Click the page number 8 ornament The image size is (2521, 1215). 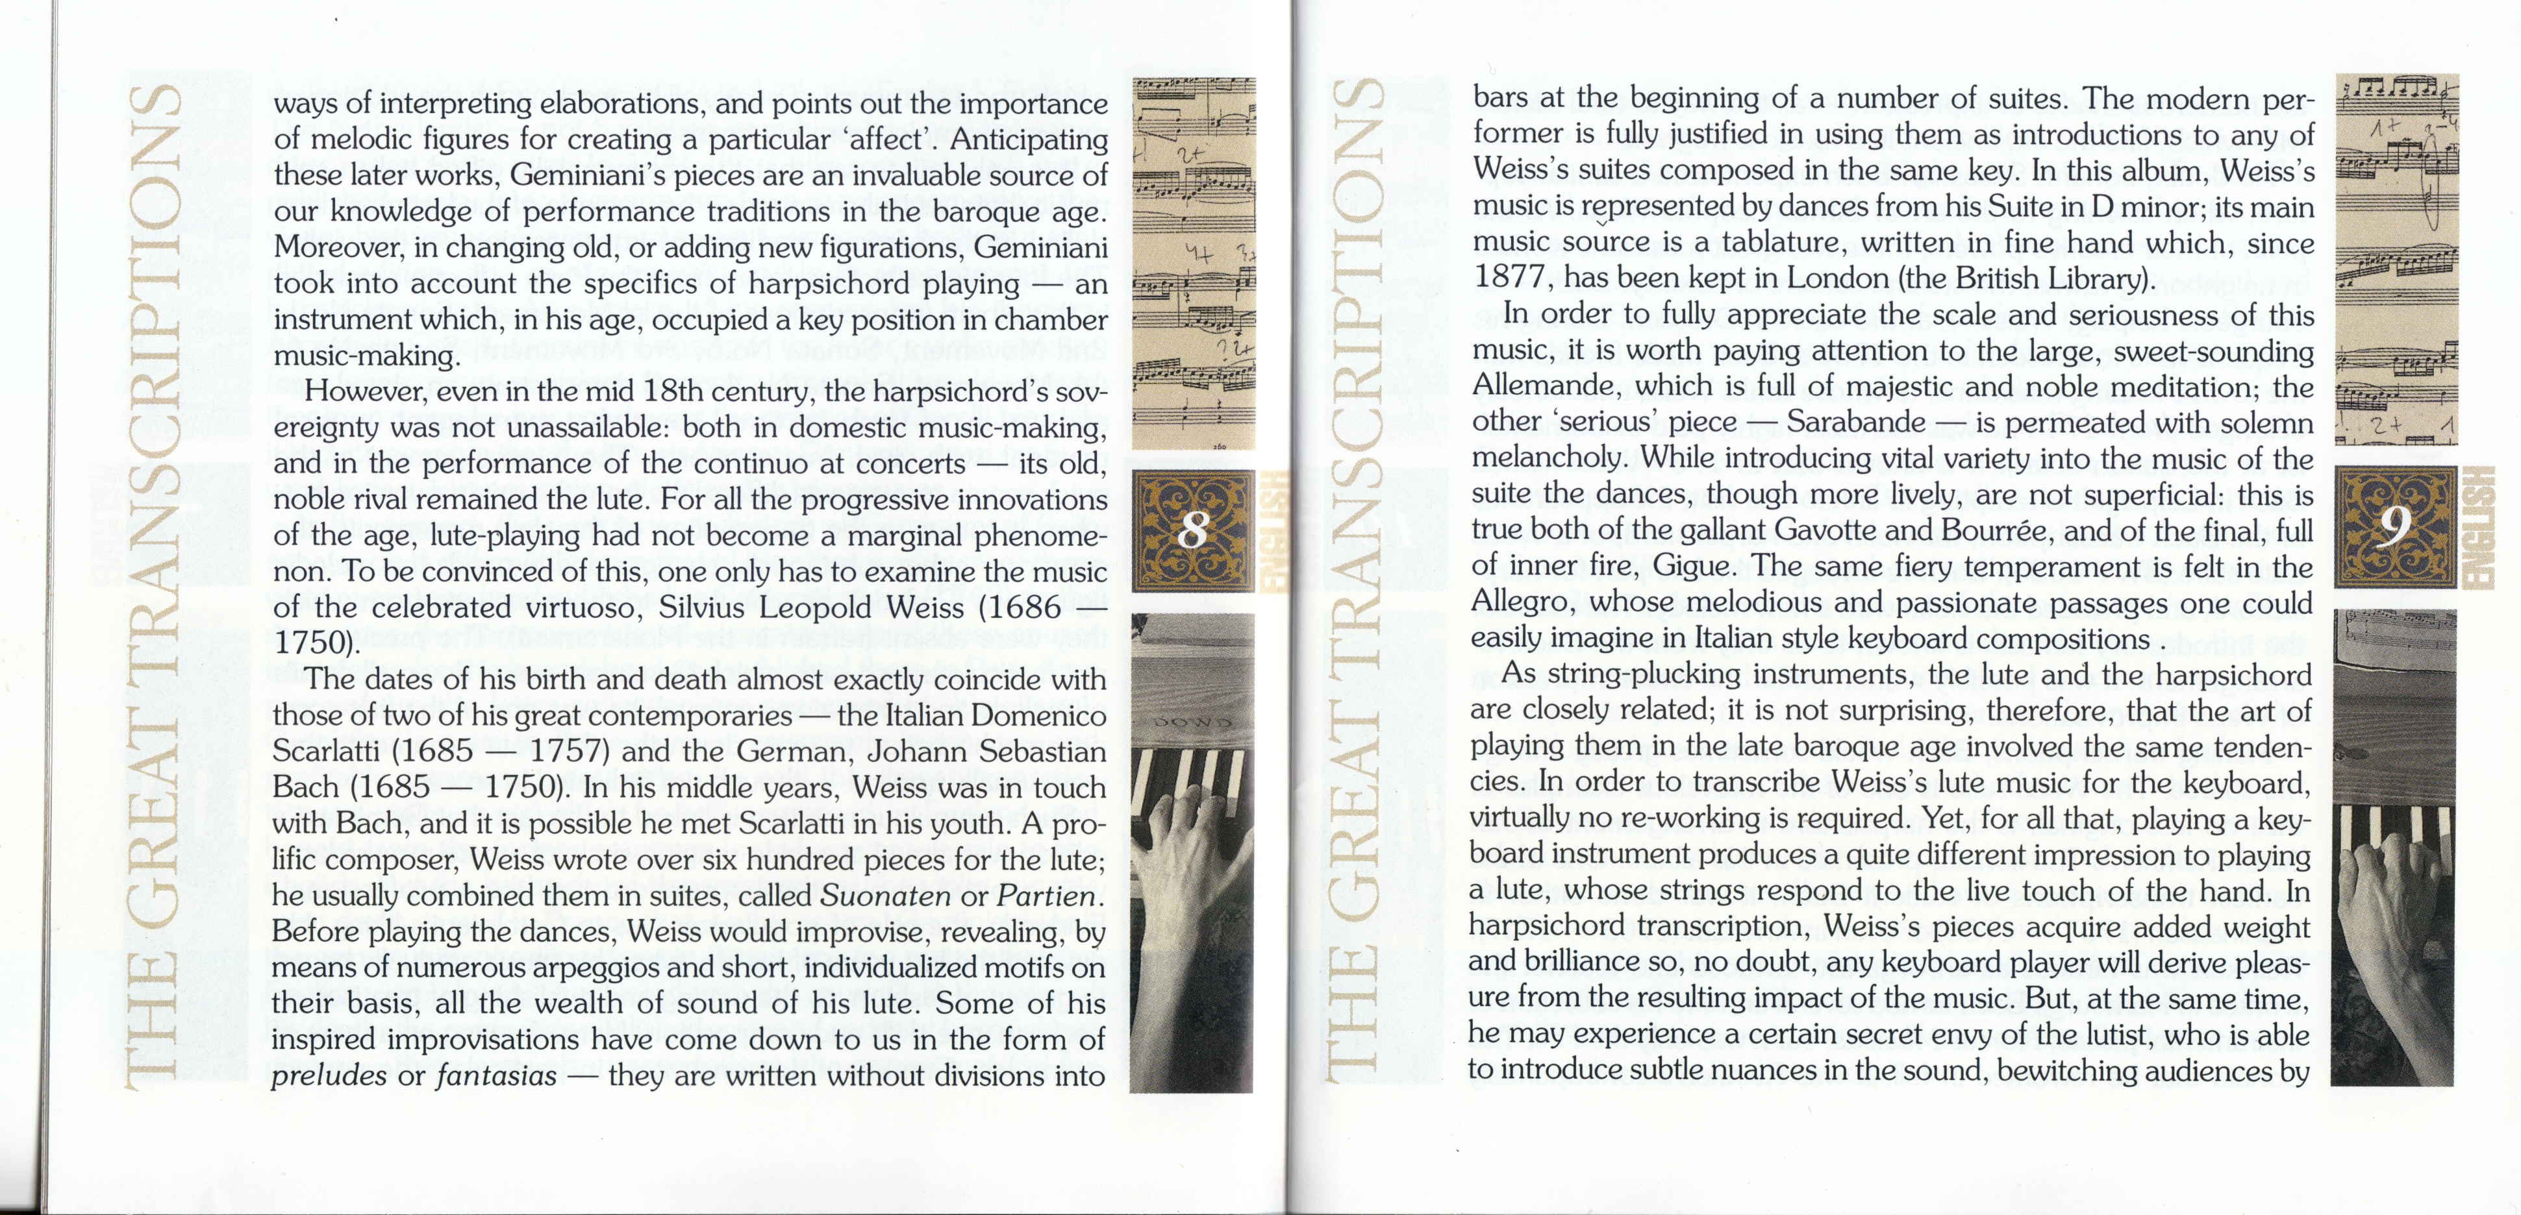point(1193,530)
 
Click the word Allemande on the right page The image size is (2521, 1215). point(1533,386)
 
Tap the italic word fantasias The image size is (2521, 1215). point(496,1076)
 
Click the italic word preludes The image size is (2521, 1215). point(329,1076)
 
